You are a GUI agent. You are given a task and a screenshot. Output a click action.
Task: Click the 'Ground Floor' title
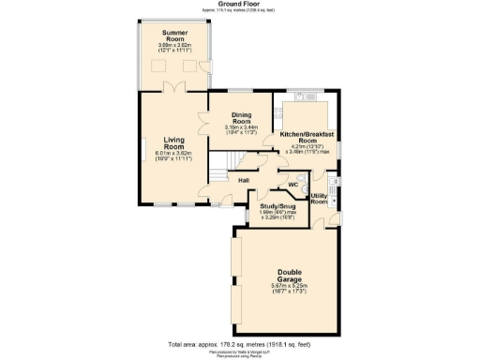tap(240, 4)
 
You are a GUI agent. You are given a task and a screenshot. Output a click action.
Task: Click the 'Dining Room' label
tap(241, 119)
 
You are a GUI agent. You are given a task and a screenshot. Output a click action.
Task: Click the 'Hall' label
tap(243, 179)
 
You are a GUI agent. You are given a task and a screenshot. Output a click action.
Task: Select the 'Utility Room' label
tap(319, 199)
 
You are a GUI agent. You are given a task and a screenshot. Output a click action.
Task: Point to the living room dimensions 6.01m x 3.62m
tap(172, 157)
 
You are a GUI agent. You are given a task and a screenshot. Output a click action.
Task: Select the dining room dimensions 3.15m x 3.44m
tap(241, 130)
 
